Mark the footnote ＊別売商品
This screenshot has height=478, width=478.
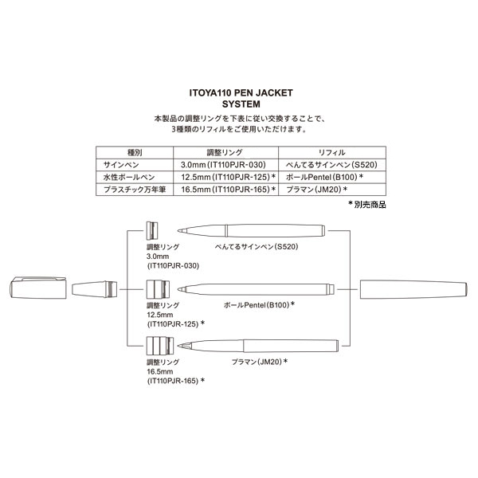click(366, 205)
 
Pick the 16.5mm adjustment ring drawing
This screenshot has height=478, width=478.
click(156, 345)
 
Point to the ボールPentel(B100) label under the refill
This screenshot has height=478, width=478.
click(259, 304)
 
